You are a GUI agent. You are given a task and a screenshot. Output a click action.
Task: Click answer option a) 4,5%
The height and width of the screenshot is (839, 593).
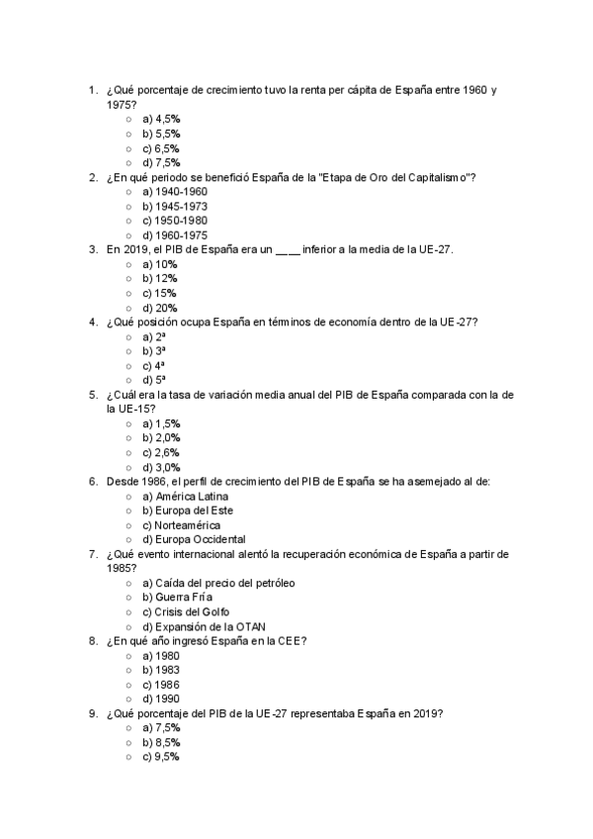[x=161, y=118]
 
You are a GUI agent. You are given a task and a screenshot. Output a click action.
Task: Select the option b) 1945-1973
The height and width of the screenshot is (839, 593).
[x=174, y=206]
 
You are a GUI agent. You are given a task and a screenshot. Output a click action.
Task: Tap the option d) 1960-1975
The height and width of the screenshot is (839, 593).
[x=174, y=234]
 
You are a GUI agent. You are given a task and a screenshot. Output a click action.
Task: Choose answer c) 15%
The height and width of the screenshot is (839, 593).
[x=159, y=293]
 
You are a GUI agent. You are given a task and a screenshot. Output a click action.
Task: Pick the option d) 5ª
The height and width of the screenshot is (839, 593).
[x=154, y=380]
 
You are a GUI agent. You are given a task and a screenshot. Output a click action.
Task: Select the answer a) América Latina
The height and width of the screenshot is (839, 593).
[x=186, y=496]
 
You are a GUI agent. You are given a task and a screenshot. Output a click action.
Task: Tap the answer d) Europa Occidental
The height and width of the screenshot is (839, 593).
[x=194, y=539]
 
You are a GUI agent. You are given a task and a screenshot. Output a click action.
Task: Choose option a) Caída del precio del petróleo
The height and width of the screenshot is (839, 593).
[x=218, y=583]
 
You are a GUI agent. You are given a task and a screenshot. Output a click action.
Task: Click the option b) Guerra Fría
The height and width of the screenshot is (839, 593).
[x=177, y=598]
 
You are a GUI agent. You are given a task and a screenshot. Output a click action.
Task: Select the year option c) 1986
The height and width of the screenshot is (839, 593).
[x=161, y=685]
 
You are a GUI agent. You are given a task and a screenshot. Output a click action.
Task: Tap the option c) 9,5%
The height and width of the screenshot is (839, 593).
[x=161, y=757]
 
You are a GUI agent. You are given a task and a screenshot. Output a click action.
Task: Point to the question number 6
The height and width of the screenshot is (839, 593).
[x=92, y=482]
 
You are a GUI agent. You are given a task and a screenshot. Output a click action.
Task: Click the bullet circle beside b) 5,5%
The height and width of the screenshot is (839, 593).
[x=128, y=133]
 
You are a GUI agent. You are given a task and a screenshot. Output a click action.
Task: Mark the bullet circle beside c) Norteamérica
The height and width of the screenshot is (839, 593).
[x=128, y=525]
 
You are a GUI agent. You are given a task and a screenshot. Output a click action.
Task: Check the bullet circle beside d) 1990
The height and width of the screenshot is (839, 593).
[x=128, y=699]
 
